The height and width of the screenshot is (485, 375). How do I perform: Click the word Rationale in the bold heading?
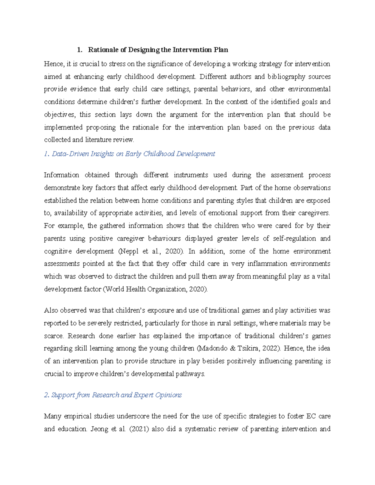click(x=102, y=50)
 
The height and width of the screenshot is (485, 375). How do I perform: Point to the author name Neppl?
click(x=129, y=251)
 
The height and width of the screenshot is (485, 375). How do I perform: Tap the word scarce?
click(x=53, y=336)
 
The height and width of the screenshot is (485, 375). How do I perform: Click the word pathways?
click(x=190, y=374)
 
